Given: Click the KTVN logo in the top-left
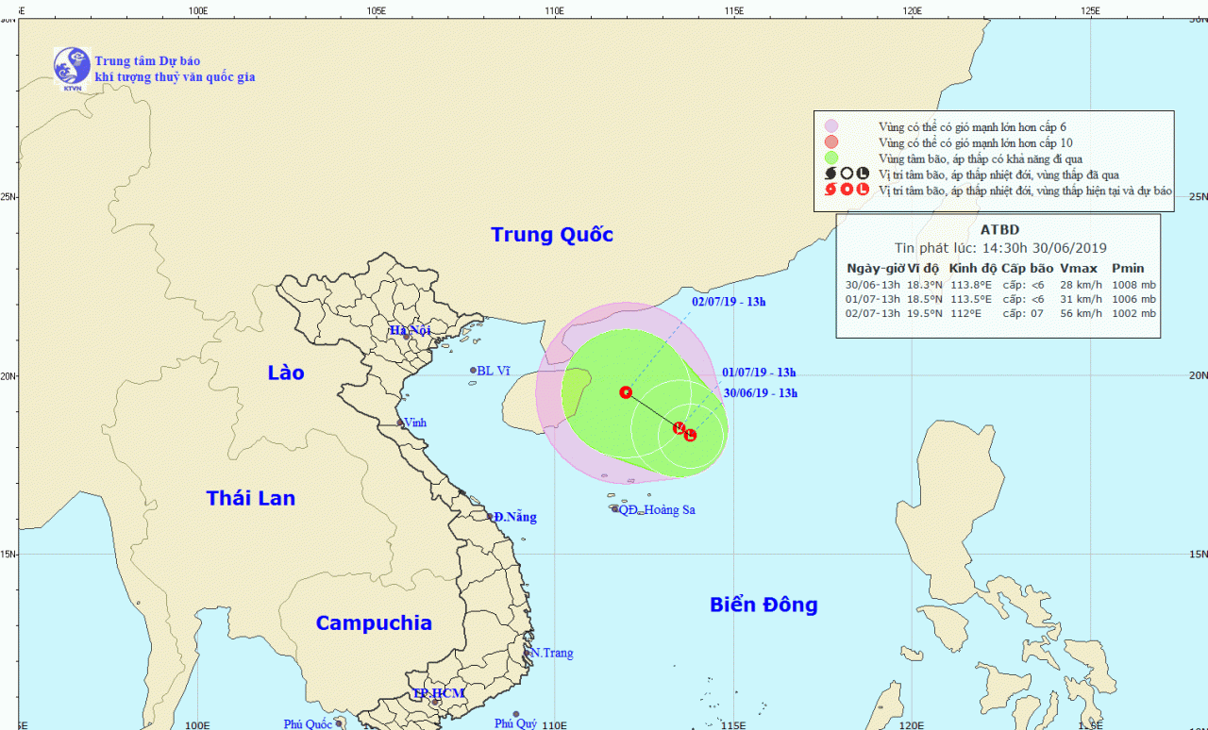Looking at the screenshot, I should (72, 69).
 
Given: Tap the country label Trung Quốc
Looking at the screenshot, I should (552, 235).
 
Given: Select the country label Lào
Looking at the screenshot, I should (285, 373).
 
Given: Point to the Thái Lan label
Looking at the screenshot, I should (251, 498).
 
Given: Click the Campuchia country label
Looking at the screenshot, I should (374, 622).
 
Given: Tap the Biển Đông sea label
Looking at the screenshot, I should (763, 605).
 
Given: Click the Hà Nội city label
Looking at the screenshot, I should (410, 330).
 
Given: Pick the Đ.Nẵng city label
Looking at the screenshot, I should (515, 517).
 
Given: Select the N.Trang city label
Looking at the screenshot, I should (552, 653).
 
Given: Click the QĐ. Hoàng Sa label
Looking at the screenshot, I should (657, 510).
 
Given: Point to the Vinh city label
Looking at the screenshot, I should (415, 423).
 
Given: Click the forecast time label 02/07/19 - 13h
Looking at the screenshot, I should (729, 302).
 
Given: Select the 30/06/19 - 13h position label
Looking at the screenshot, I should (761, 393).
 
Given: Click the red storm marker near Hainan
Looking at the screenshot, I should (625, 391).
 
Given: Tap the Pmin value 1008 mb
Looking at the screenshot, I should (1133, 285).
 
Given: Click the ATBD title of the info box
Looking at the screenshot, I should (999, 229).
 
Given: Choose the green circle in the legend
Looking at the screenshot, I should (830, 158).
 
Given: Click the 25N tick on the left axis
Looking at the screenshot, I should (8, 197).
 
